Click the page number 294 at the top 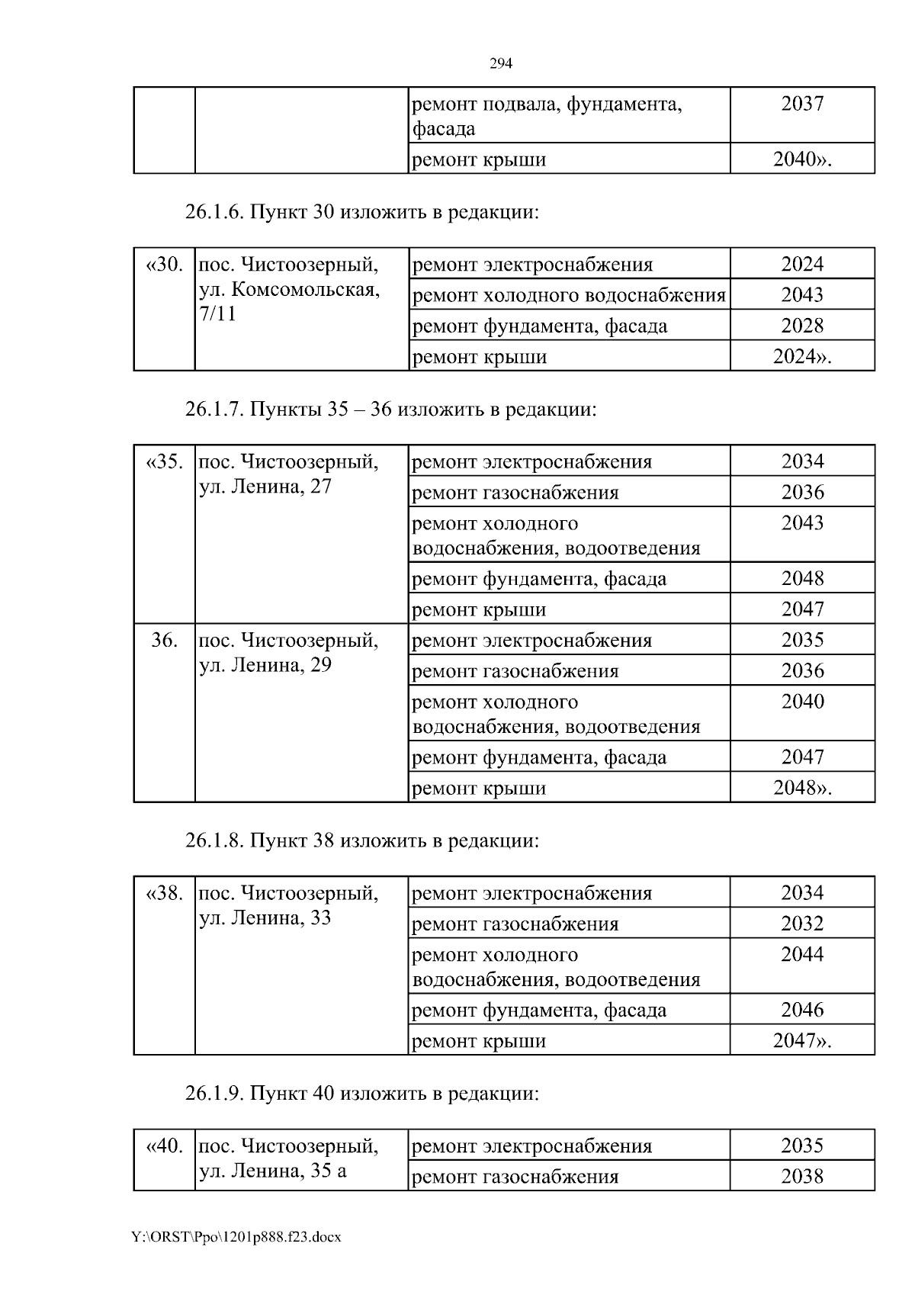pos(500,63)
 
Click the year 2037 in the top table pos(802,104)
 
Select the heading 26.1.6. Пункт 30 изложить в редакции pos(361,212)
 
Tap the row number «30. pos(164,265)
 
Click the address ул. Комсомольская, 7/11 pos(289,301)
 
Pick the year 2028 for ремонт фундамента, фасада pos(802,326)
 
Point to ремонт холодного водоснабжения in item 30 pos(568,295)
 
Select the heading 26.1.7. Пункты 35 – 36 pos(390,410)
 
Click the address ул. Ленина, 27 pos(265,487)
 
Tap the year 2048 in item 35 pos(802,578)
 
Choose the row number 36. pos(164,640)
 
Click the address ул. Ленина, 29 pos(265,665)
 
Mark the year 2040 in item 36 pos(802,702)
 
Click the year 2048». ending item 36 pos(802,788)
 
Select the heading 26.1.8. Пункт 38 pos(361,840)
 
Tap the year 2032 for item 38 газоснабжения pos(802,924)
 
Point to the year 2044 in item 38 pos(802,954)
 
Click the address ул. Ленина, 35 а pos(272,1171)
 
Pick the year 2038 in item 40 pos(802,1176)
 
